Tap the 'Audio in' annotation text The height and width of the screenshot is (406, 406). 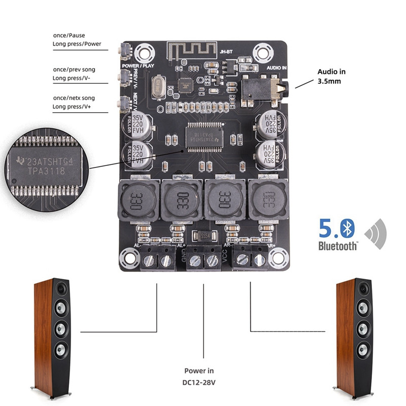[331, 72]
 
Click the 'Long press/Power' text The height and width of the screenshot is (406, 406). [77, 44]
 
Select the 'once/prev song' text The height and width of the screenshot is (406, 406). [74, 69]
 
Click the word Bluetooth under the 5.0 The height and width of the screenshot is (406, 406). [337, 246]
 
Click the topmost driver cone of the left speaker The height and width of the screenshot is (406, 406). [61, 289]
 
